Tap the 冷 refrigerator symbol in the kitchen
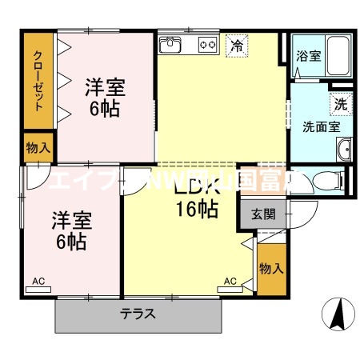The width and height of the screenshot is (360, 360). [x=236, y=46]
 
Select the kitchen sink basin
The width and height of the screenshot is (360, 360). [x=171, y=46]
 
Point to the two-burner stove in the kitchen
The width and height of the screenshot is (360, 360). [x=207, y=46]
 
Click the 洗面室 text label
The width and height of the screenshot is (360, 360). [x=320, y=126]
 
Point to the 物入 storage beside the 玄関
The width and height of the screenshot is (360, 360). [x=272, y=268]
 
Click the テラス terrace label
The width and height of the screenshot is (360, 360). [x=138, y=314]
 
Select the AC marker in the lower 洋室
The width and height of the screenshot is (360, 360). [x=38, y=281]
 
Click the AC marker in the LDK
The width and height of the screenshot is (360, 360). [x=230, y=281]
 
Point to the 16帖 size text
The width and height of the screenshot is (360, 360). [x=197, y=210]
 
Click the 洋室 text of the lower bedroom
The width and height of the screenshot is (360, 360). [x=72, y=218]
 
